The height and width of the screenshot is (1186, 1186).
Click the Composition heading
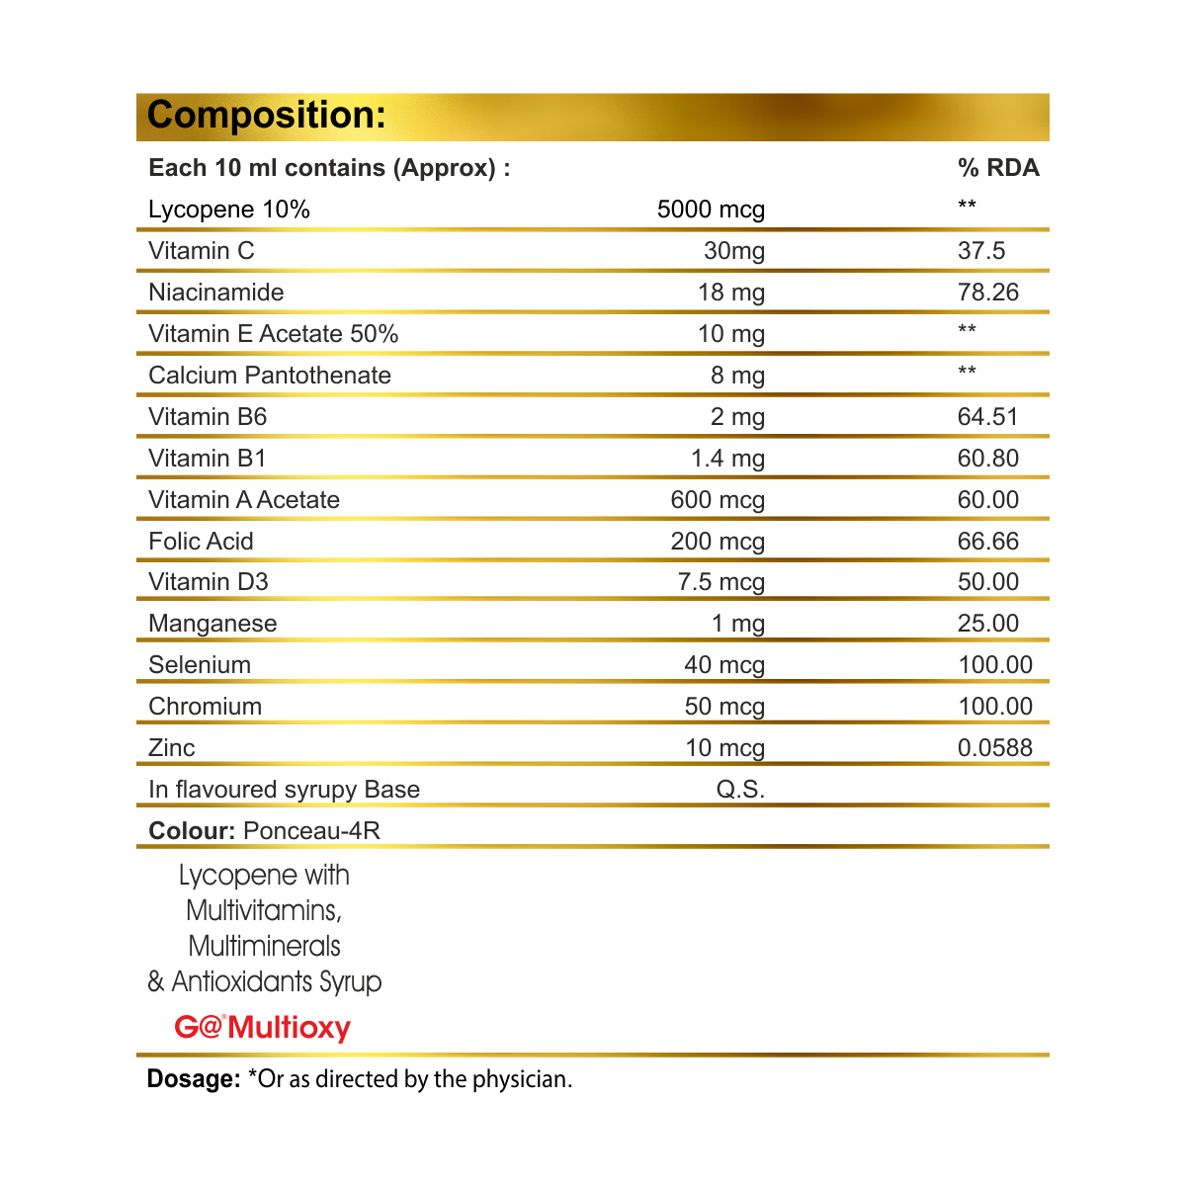(x=266, y=116)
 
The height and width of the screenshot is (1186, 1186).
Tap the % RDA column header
(x=998, y=168)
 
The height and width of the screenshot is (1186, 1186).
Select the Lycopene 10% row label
(x=229, y=210)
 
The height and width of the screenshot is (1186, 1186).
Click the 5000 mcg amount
(x=711, y=210)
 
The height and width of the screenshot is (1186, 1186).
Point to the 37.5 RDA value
(x=981, y=251)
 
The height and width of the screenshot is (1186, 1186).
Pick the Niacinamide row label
(x=216, y=293)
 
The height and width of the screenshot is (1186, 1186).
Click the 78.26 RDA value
(x=988, y=293)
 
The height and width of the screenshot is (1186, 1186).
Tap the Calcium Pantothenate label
(x=270, y=376)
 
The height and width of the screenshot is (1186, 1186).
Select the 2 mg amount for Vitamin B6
(x=737, y=417)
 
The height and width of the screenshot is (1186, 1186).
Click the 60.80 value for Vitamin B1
(x=988, y=459)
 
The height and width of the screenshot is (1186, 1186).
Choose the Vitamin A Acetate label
(x=244, y=500)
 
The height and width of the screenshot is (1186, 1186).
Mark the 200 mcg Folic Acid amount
(x=718, y=542)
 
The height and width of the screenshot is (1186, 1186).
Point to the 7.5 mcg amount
(x=721, y=582)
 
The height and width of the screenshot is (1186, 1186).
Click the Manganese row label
(x=212, y=624)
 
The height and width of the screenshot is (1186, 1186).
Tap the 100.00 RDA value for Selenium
(x=995, y=665)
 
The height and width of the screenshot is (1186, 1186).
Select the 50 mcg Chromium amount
(x=724, y=707)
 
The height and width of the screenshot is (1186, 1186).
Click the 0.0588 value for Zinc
(x=995, y=748)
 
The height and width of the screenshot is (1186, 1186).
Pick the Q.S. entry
(x=740, y=790)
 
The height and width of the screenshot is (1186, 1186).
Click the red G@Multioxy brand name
(x=263, y=1028)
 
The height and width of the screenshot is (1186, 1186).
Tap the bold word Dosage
(x=194, y=1079)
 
